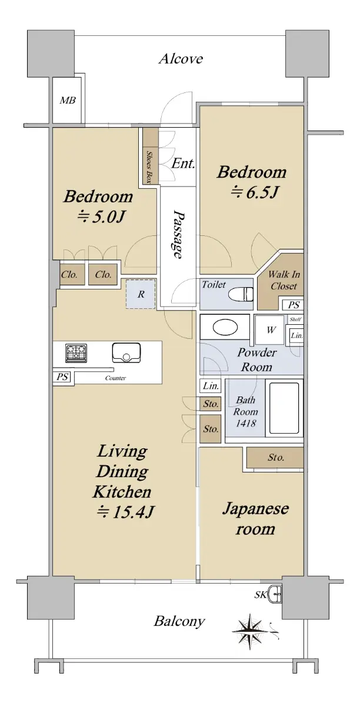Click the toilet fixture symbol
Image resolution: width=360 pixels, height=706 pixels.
coord(241,294)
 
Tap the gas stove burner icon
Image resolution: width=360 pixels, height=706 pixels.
coord(76,352)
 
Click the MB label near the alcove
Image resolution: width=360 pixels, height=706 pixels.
coord(68,101)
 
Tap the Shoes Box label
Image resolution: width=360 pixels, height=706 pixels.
coord(149,167)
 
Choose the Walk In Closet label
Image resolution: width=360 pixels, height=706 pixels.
coord(284,280)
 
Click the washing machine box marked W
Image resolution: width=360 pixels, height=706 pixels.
coord(271,330)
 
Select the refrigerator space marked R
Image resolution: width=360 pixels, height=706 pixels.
coord(141,294)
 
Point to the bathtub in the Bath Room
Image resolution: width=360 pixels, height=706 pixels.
coord(284,408)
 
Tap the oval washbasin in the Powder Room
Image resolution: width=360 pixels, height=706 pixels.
coord(225,328)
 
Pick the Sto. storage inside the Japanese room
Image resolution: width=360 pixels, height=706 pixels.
coord(275,457)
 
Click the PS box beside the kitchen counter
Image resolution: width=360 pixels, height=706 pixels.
coord(62,377)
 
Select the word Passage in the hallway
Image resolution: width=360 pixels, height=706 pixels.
coord(178,235)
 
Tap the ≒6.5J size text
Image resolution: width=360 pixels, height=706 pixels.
coord(254,192)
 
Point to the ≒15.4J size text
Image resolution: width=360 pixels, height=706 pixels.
coord(125,512)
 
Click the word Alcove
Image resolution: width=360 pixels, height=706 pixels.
coord(181,59)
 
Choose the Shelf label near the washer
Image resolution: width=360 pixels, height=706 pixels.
coord(295,319)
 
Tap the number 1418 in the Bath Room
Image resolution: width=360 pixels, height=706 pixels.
coord(246,423)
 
